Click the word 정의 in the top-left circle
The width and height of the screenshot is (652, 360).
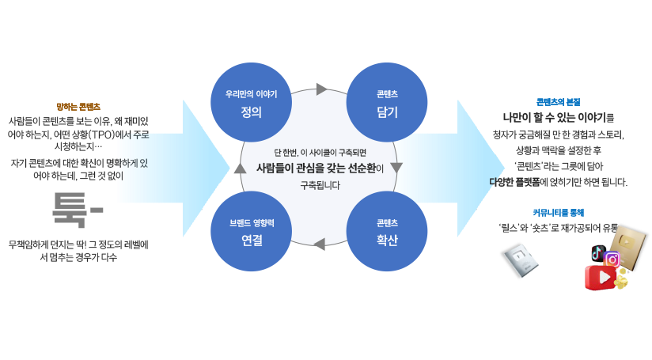[x=252, y=112]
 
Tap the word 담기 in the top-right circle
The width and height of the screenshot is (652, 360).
[x=387, y=112]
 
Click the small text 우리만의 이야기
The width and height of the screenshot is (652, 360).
[x=252, y=93]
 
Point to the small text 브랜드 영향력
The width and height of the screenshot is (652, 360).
[x=252, y=223]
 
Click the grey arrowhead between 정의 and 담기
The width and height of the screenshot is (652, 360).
[x=321, y=89]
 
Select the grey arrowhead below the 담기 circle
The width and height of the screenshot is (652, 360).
[x=397, y=169]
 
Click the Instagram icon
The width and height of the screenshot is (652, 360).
[x=611, y=260]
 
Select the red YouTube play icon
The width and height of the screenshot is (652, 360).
[x=601, y=278]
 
